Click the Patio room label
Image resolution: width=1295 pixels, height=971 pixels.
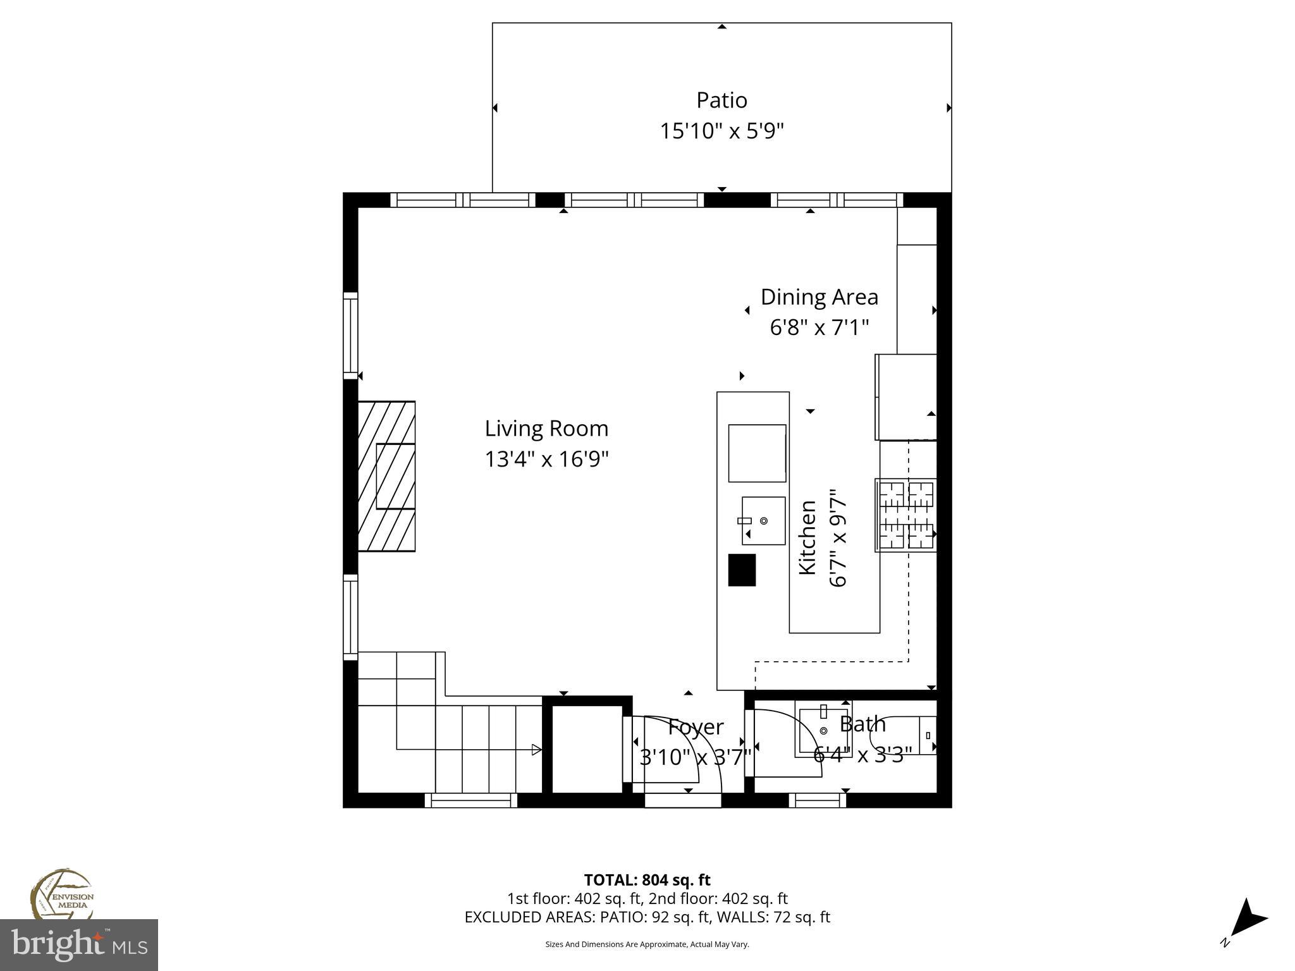(x=721, y=100)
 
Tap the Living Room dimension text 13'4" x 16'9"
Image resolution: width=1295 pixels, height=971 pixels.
(x=546, y=459)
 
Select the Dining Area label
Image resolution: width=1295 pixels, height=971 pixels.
(x=819, y=296)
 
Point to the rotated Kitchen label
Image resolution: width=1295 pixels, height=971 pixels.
(x=807, y=537)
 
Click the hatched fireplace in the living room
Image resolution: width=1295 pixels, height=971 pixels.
(x=386, y=476)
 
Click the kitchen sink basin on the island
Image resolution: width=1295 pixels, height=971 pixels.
(x=763, y=520)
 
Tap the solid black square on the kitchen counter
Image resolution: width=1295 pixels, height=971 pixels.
(x=742, y=570)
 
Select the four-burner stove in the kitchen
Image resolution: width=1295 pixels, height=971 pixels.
(x=905, y=515)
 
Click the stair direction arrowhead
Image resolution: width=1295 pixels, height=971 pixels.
(x=536, y=750)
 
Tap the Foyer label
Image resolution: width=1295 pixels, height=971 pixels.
(x=696, y=727)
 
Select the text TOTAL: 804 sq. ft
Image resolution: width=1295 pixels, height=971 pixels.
(x=647, y=880)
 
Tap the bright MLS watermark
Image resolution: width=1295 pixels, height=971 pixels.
(x=79, y=944)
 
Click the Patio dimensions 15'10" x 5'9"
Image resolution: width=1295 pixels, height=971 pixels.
(x=721, y=131)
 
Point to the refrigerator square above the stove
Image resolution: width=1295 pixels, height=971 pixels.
(x=905, y=396)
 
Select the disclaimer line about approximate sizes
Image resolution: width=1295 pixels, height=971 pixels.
(x=647, y=944)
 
